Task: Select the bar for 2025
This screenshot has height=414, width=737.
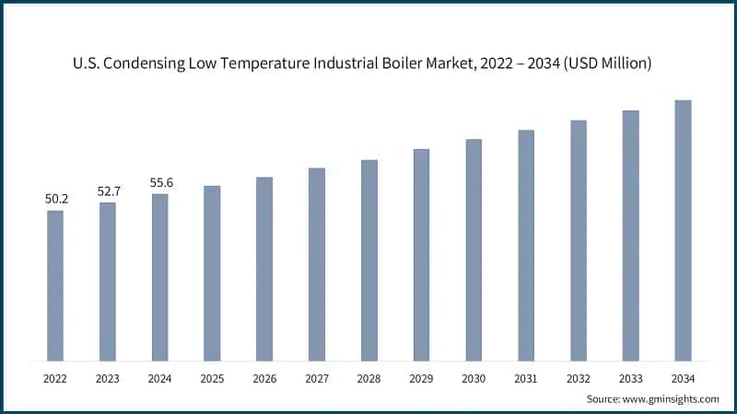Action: click(212, 273)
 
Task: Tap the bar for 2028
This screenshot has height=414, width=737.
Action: click(368, 260)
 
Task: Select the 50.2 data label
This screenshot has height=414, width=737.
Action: click(55, 199)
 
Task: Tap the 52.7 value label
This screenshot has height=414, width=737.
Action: click(108, 190)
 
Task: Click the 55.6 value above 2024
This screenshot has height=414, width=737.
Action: click(160, 182)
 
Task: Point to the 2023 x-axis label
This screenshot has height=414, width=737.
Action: click(108, 378)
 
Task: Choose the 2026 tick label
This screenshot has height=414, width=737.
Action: click(264, 378)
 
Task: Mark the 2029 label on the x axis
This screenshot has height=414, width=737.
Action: click(421, 378)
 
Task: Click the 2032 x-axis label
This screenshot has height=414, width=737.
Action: click(578, 378)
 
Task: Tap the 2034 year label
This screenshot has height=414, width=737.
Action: click(683, 378)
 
